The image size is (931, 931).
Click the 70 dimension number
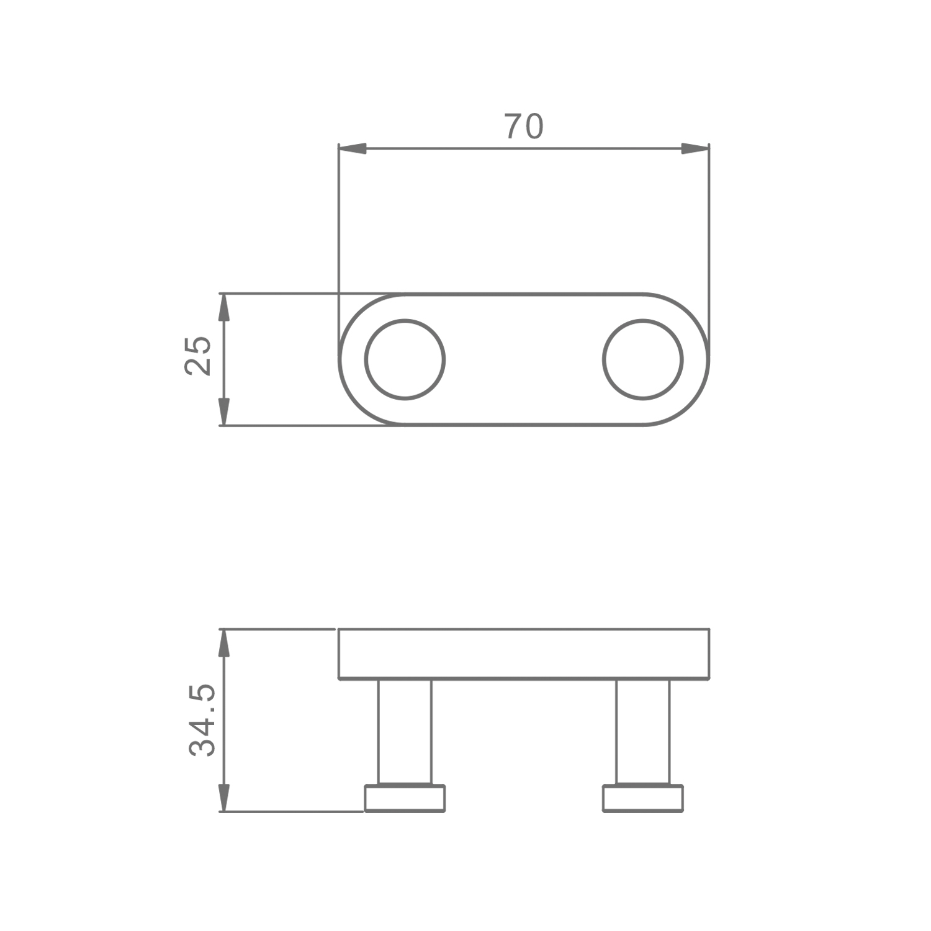pyautogui.click(x=524, y=126)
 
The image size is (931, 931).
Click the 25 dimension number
pyautogui.click(x=199, y=356)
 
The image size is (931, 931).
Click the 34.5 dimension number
pyautogui.click(x=202, y=720)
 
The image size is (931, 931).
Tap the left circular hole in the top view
pyautogui.click(x=405, y=359)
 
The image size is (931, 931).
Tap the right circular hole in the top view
pyautogui.click(x=643, y=359)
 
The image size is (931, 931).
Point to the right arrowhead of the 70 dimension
pyautogui.click(x=695, y=149)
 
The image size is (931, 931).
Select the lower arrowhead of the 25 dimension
pyautogui.click(x=224, y=412)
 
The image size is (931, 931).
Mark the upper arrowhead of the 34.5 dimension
pyautogui.click(x=224, y=643)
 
